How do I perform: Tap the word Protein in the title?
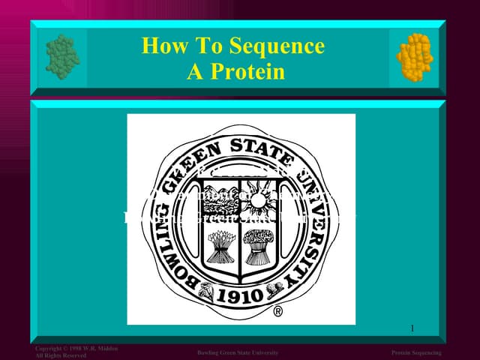(247, 72)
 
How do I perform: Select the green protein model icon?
(61, 54)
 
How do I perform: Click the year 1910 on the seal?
(239, 295)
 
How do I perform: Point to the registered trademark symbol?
(277, 311)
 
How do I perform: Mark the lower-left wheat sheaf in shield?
(220, 245)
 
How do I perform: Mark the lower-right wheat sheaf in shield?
(259, 245)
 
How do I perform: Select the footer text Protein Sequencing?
(416, 352)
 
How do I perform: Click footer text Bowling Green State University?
(238, 352)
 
